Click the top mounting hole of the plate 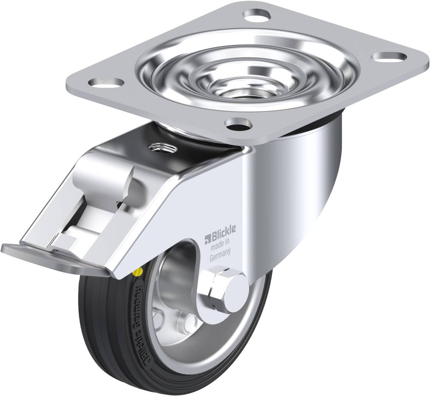click(x=256, y=15)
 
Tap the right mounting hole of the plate click(x=389, y=56)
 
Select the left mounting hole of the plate click(x=106, y=83)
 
